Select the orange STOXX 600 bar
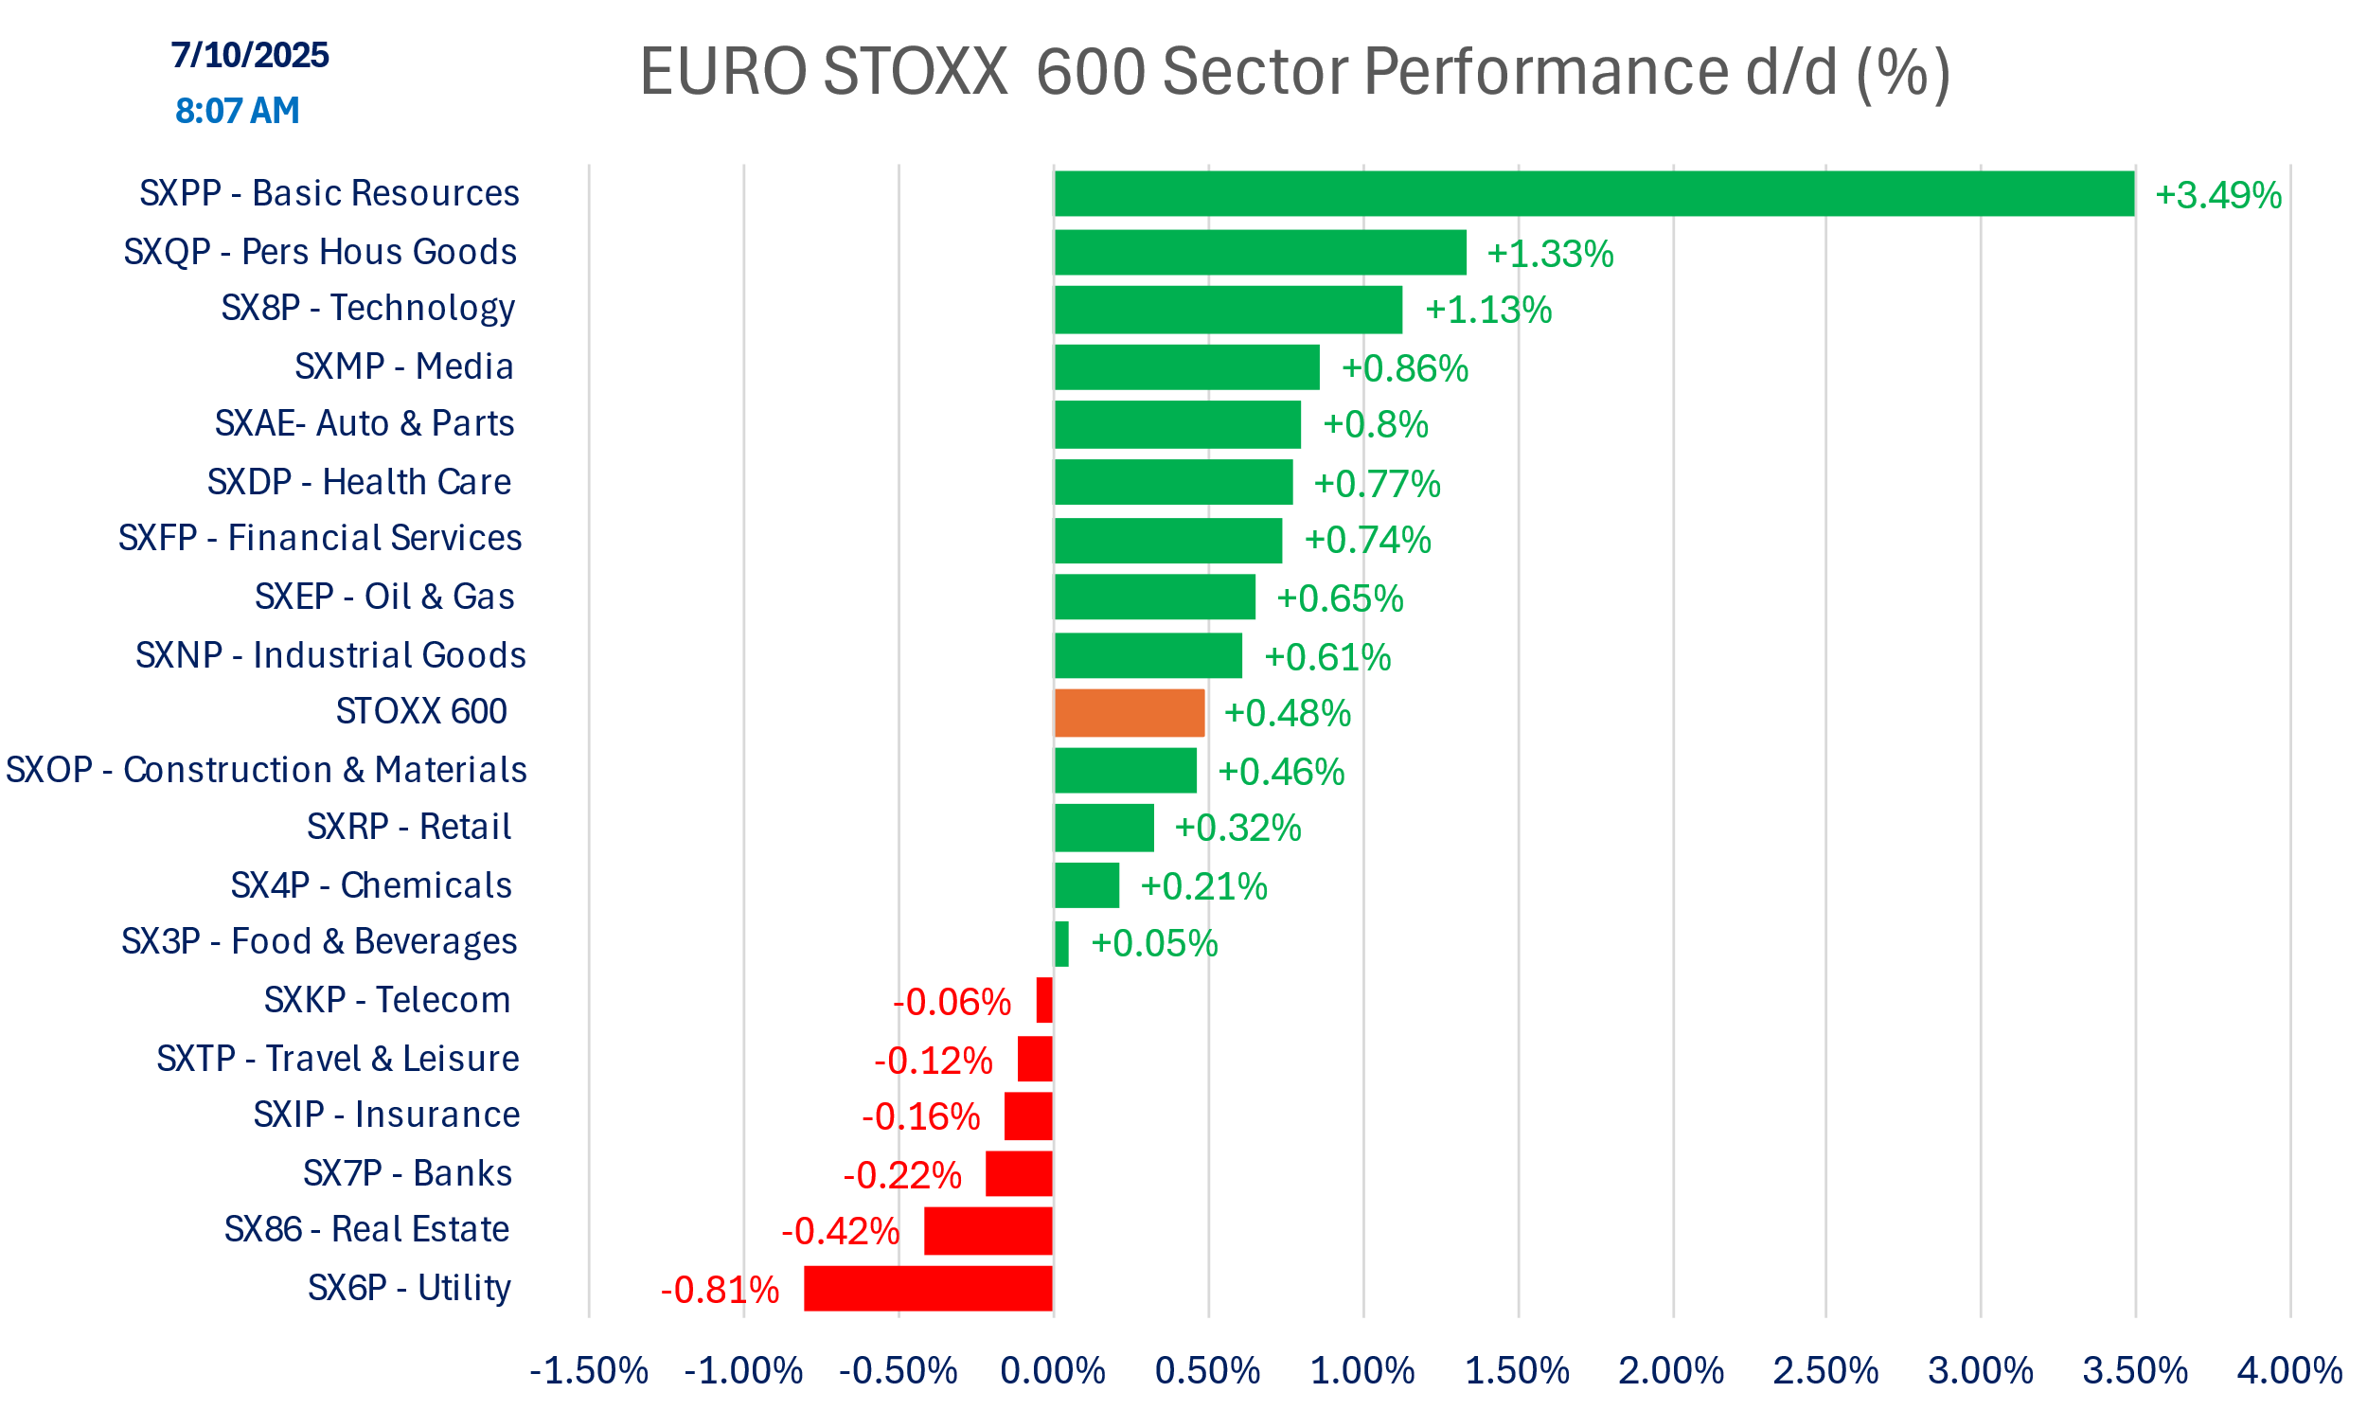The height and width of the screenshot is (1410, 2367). (x=1130, y=713)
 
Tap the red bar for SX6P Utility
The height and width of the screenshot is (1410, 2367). (x=928, y=1289)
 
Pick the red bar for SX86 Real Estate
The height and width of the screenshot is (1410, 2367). (x=988, y=1230)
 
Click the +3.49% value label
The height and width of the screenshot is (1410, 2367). (x=2217, y=196)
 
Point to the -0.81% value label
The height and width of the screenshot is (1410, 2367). (x=720, y=1291)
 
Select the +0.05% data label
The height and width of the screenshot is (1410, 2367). (x=1154, y=943)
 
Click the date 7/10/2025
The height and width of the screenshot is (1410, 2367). (x=250, y=55)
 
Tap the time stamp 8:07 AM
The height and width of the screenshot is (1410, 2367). (x=238, y=111)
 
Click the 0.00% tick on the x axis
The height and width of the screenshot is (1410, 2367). (x=1053, y=1371)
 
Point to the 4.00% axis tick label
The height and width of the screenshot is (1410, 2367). (x=2289, y=1371)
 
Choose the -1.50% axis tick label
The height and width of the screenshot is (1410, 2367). (x=589, y=1371)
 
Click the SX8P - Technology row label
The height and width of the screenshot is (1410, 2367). (x=367, y=308)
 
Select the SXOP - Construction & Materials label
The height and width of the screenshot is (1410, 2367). (x=266, y=770)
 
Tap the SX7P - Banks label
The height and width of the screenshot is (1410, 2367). (x=407, y=1173)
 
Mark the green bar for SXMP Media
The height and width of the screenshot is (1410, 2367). (x=1186, y=366)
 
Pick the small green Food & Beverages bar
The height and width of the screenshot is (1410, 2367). (x=1061, y=943)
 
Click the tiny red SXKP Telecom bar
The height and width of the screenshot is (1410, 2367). (x=1044, y=1001)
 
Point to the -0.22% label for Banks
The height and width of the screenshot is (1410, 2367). (x=902, y=1175)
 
